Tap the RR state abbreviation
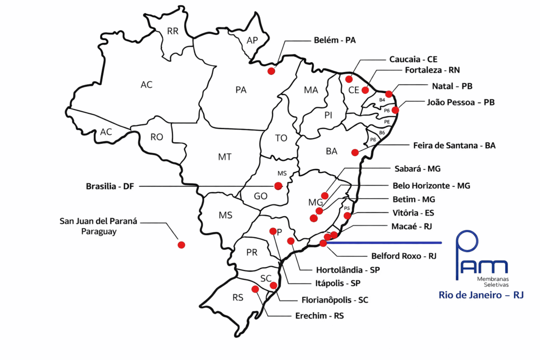pos(173,31)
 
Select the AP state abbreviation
pos(252,40)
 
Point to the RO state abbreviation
pos(157,137)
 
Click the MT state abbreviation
pos(225,157)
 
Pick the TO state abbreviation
pos(281,138)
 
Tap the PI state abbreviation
pos(328,115)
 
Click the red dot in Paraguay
pos(181,245)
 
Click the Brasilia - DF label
pos(110,186)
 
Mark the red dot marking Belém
pos(272,71)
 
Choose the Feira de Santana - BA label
pos(454,145)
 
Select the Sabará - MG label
pos(418,169)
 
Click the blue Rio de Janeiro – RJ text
pos(481,295)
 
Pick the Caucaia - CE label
pos(413,60)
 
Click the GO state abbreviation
pos(261,196)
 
